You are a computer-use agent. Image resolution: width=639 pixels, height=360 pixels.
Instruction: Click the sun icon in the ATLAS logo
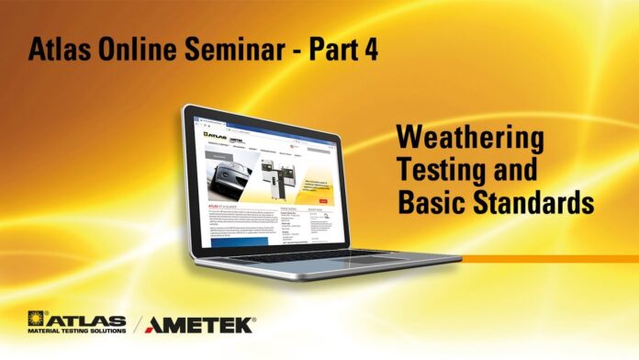pyautogui.click(x=37, y=319)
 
